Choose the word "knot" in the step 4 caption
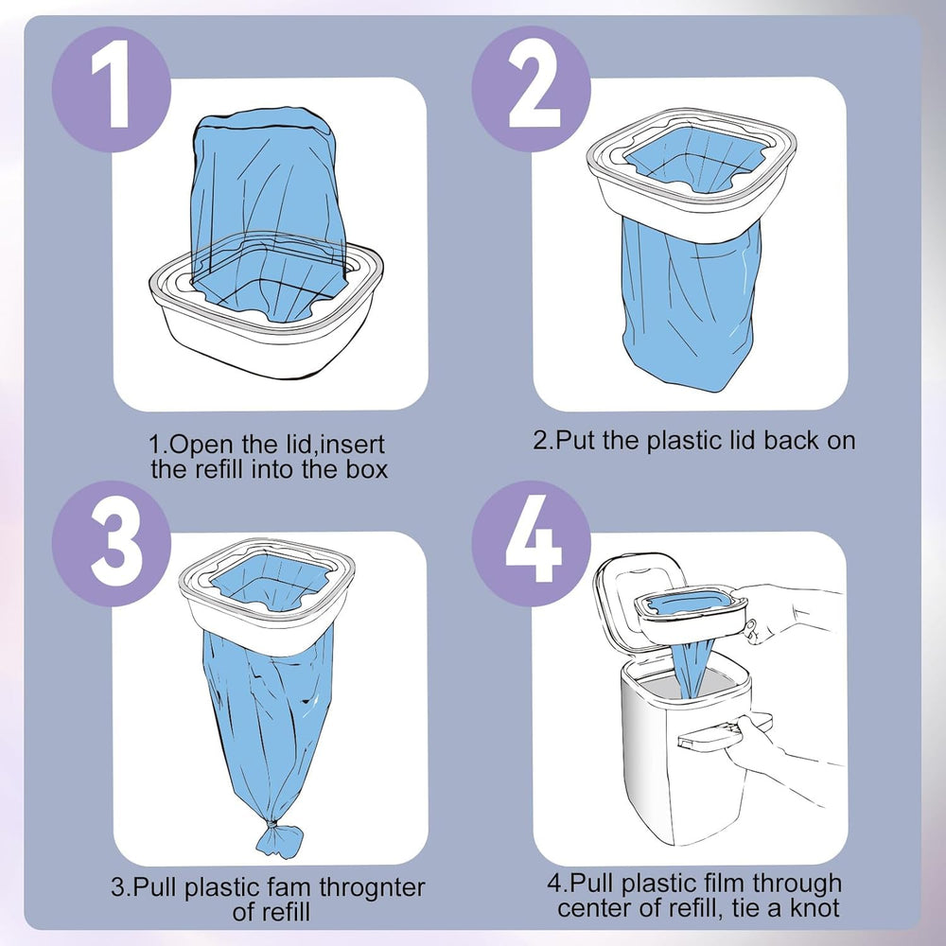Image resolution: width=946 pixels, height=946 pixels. click(813, 909)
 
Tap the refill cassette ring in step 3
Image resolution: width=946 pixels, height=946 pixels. click(267, 605)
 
